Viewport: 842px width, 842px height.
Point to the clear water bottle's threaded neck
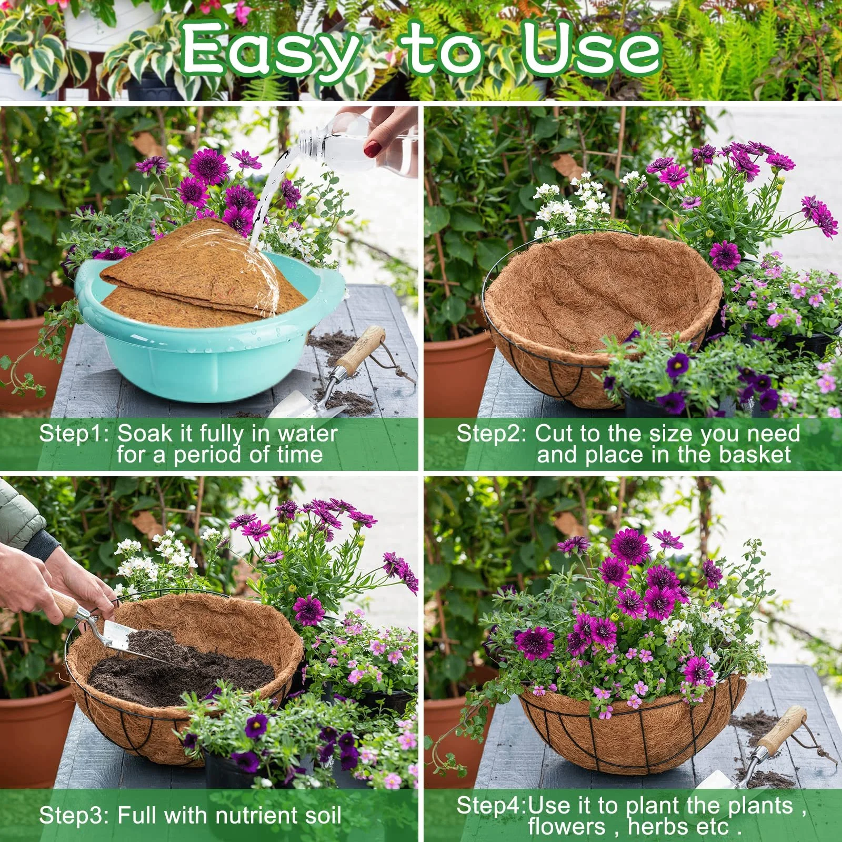click(x=310, y=142)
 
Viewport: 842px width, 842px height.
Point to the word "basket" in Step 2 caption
click(x=756, y=455)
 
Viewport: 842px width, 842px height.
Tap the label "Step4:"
click(x=493, y=806)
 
